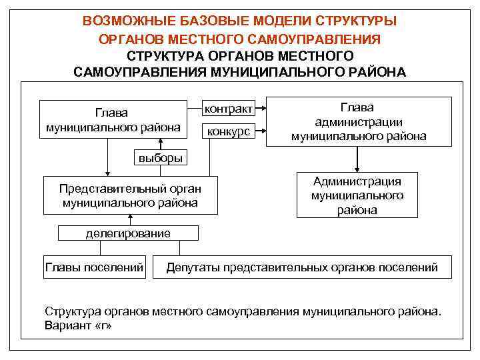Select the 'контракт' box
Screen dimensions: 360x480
click(x=228, y=109)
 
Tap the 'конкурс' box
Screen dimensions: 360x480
click(x=228, y=131)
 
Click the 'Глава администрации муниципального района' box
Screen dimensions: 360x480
click(x=359, y=121)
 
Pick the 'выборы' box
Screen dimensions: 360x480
click(x=161, y=158)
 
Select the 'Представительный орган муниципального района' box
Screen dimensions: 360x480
click(x=130, y=195)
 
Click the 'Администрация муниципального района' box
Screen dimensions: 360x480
click(x=357, y=195)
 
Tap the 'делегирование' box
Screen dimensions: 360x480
click(x=128, y=233)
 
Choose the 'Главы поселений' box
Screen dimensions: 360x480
click(x=94, y=267)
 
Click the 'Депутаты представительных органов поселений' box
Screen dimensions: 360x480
click(x=302, y=267)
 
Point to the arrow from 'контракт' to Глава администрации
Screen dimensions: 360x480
click(x=260, y=109)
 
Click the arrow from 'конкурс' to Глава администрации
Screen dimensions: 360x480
click(x=260, y=131)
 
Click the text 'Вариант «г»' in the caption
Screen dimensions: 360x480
click(x=79, y=326)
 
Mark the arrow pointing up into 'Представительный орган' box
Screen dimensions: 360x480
click(x=131, y=220)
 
